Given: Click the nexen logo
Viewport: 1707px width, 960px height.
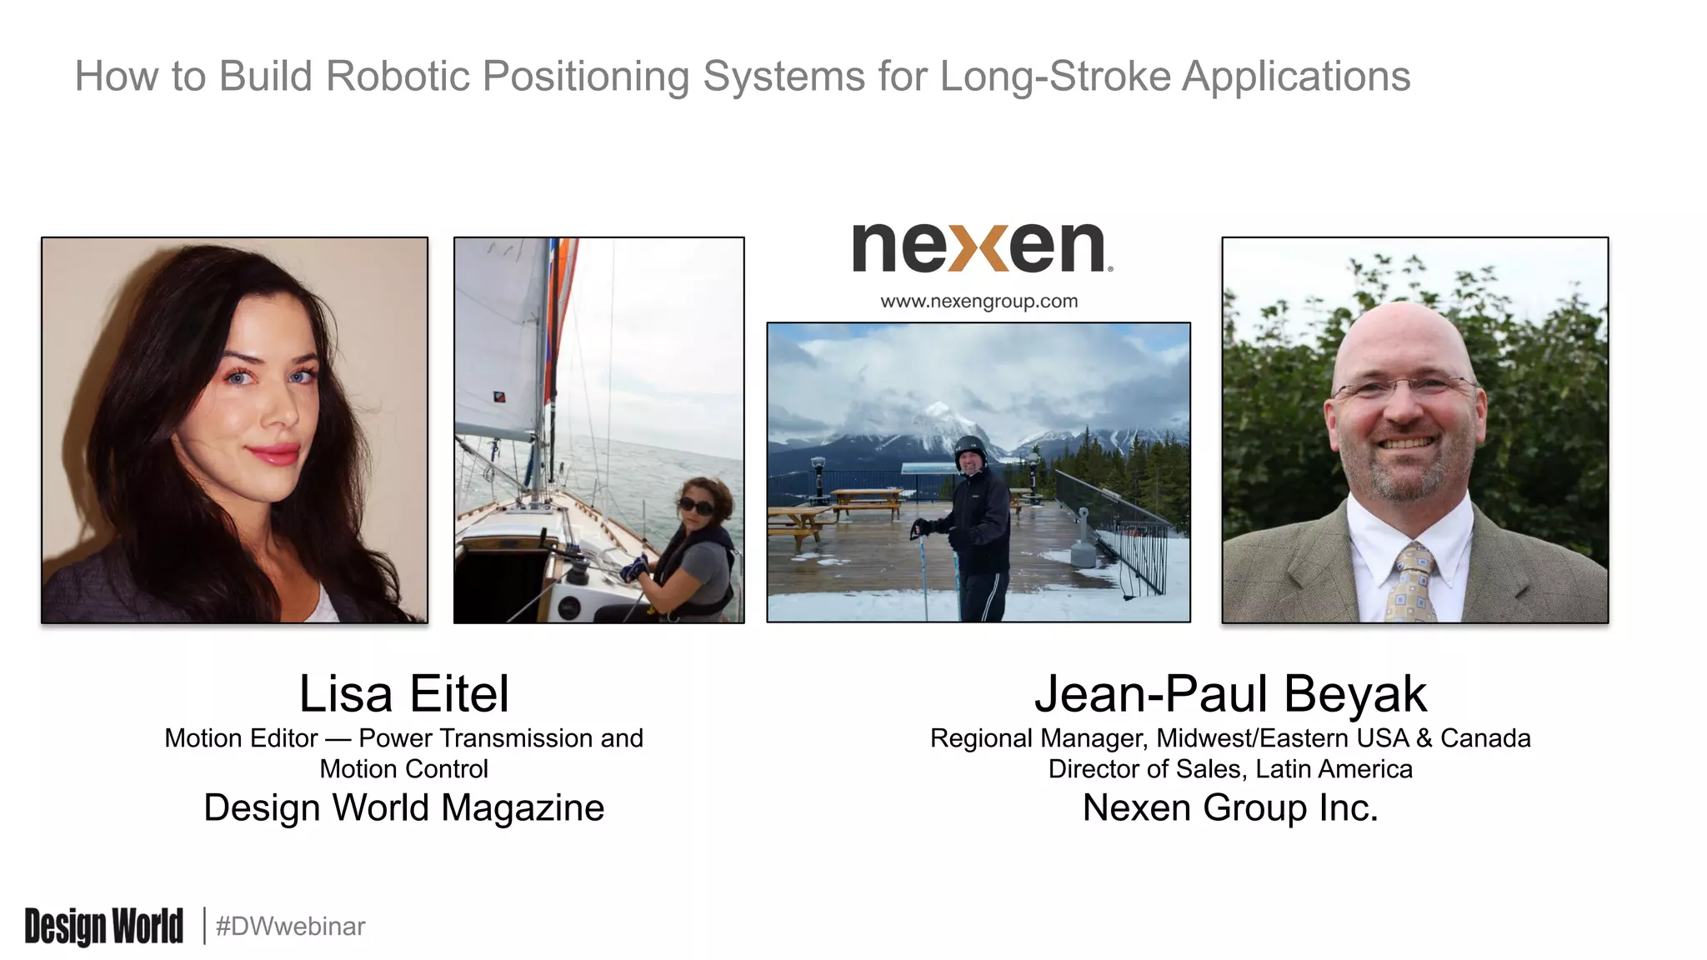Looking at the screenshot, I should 980,247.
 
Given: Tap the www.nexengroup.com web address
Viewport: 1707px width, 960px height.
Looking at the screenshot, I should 979,301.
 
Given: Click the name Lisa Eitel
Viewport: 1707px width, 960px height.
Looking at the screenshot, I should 403,693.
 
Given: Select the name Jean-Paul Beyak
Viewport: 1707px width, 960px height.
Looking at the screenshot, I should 1230,693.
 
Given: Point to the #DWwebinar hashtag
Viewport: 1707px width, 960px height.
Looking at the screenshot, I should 290,926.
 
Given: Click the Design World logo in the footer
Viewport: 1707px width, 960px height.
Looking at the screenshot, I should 103,926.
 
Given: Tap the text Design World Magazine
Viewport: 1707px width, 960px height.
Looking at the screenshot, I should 403,807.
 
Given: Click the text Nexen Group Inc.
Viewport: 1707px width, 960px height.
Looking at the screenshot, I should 1230,807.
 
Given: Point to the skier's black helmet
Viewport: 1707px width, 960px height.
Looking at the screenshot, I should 969,447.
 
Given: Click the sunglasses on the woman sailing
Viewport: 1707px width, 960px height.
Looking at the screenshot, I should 696,506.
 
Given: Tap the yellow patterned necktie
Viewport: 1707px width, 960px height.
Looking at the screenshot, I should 1412,583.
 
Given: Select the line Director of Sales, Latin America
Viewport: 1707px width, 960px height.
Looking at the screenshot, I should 1230,768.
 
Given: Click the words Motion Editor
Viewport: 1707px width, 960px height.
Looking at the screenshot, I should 241,738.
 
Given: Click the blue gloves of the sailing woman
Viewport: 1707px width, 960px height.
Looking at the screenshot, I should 634,569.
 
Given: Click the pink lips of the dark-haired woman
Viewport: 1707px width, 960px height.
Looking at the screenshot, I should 273,454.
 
